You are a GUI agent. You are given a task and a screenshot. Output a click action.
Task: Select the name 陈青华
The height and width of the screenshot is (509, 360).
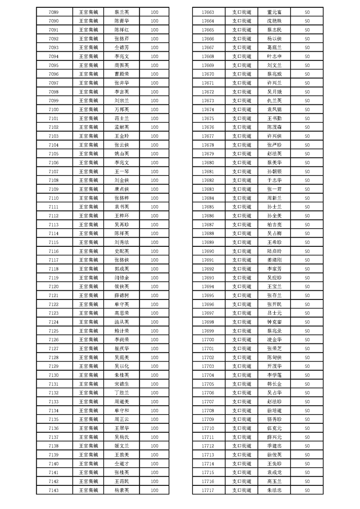(122, 21)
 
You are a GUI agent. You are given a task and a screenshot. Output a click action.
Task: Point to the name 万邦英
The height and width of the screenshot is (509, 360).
(122, 109)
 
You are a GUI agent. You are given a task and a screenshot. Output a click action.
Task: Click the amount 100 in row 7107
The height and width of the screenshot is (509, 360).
(154, 171)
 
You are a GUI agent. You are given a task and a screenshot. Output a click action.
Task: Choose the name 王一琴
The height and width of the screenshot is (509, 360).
(122, 171)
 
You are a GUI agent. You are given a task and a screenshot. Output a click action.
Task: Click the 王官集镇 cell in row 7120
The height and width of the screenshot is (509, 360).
(89, 286)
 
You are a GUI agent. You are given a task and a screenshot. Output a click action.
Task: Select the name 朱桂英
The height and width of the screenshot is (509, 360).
(122, 375)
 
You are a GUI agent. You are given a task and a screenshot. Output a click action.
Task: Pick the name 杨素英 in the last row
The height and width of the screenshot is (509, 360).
(122, 490)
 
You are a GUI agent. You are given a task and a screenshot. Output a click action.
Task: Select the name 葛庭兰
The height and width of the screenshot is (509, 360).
(275, 48)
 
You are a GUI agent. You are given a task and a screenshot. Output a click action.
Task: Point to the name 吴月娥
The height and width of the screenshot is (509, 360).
(275, 92)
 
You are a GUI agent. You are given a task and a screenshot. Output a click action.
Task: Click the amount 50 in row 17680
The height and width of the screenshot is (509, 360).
(307, 162)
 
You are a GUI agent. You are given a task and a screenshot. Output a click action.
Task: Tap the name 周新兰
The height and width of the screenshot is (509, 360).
(275, 198)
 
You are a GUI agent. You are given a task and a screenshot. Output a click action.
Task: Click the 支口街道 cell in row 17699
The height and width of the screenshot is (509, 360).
(242, 331)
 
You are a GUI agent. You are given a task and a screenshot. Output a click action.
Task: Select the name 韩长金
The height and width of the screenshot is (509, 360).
(275, 384)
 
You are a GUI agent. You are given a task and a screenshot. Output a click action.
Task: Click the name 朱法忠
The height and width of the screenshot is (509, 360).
(275, 490)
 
